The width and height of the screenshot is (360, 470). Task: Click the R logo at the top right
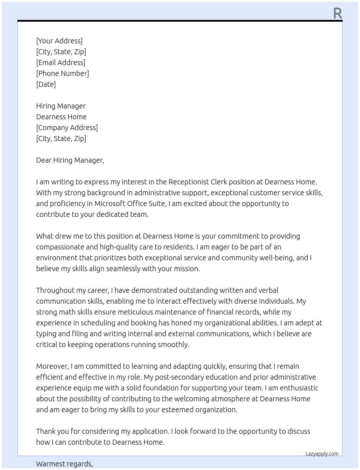pyautogui.click(x=338, y=13)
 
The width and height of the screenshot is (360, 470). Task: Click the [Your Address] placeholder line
pyautogui.click(x=59, y=41)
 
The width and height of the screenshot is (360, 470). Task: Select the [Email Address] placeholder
pyautogui.click(x=61, y=63)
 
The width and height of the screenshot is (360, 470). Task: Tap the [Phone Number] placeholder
pyautogui.click(x=63, y=73)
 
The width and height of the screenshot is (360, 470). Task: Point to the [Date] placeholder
pyautogui.click(x=46, y=84)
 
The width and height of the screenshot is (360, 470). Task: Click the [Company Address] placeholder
pyautogui.click(x=67, y=128)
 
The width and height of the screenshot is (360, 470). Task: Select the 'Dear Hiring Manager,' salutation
pyautogui.click(x=70, y=160)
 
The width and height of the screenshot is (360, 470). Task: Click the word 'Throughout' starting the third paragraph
pyautogui.click(x=54, y=290)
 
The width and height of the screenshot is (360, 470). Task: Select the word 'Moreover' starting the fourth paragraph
pyautogui.click(x=53, y=366)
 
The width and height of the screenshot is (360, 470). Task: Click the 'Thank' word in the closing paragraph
pyautogui.click(x=46, y=431)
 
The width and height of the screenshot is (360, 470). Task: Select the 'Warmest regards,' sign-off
pyautogui.click(x=64, y=464)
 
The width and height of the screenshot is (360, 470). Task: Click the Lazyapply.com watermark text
pyautogui.click(x=322, y=454)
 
